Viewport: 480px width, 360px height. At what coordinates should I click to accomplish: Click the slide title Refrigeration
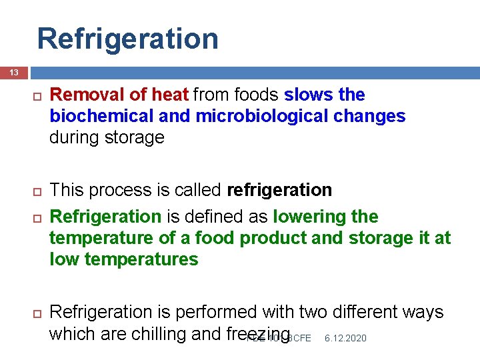(127, 39)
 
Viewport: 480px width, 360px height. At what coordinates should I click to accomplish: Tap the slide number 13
(13, 72)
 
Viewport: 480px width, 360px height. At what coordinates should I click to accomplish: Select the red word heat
(170, 95)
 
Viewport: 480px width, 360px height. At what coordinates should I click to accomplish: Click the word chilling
(157, 333)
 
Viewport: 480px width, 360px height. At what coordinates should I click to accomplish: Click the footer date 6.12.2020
(345, 339)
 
